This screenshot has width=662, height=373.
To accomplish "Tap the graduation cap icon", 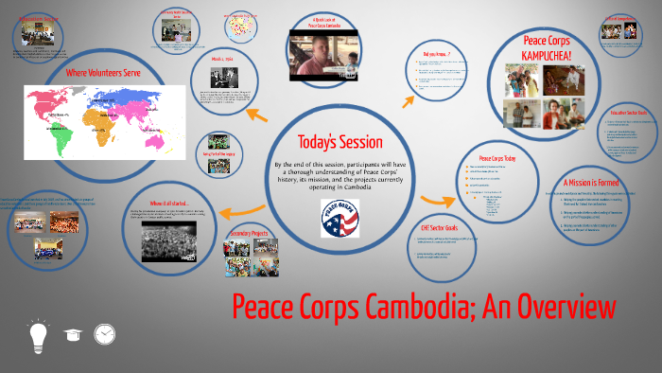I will click(x=72, y=334).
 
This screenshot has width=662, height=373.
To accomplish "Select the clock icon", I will click(x=105, y=334).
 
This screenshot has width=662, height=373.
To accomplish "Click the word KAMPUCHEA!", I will click(x=558, y=56).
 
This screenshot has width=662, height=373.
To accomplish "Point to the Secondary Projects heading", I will click(x=252, y=232).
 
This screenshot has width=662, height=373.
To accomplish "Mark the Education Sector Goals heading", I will click(x=621, y=112).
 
